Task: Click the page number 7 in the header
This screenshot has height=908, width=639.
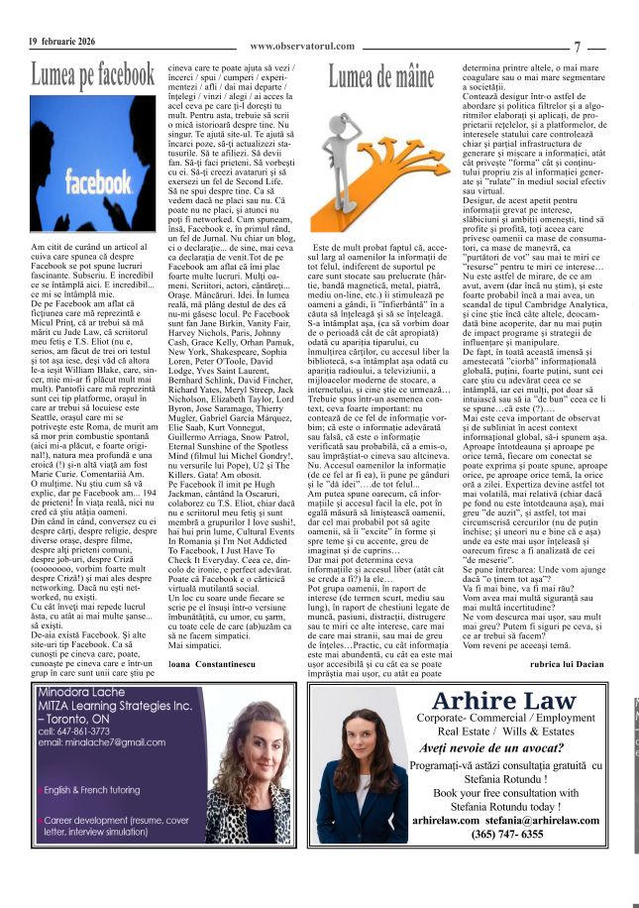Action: click(x=577, y=46)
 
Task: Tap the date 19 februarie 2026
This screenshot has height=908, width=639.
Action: click(x=62, y=41)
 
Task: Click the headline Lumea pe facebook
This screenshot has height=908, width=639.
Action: click(x=92, y=74)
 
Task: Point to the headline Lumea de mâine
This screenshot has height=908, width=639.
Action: click(x=381, y=75)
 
